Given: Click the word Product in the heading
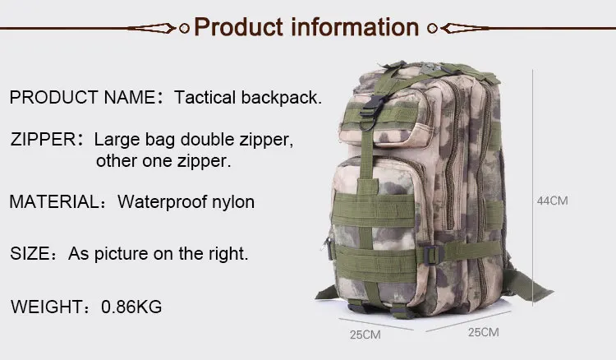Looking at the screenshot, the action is [x=238, y=27].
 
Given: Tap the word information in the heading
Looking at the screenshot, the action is [x=355, y=27].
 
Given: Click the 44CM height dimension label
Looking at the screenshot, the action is [x=553, y=201].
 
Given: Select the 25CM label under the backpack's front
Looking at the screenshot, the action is [x=365, y=335].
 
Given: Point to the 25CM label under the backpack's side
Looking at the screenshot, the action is [x=484, y=333].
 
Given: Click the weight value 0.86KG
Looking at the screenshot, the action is [x=131, y=307].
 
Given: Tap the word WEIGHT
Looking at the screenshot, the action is [x=47, y=307].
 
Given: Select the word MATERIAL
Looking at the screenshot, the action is [x=55, y=201].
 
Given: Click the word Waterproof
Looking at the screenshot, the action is [x=163, y=202].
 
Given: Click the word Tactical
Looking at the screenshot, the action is [x=205, y=98].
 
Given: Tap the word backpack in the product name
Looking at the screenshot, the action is [x=279, y=98].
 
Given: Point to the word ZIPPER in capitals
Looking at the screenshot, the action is [x=44, y=140].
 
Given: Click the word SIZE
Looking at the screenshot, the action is [x=30, y=253].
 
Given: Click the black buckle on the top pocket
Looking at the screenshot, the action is [x=370, y=108].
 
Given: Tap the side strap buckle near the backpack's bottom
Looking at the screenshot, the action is [x=433, y=254].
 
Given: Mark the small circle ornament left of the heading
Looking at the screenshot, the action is [x=184, y=28].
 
